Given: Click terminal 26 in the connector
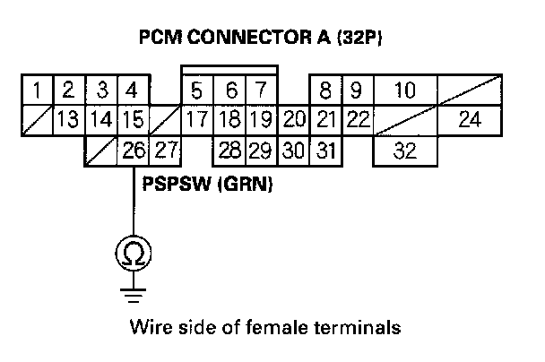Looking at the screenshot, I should pos(133,150).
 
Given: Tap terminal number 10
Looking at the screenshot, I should pos(404,90).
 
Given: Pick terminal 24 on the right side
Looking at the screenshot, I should pos(469,120).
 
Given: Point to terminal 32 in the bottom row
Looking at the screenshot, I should pos(405,151).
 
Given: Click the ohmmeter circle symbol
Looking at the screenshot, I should pos(132,254).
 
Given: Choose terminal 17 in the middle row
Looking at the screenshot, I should pos(196,120).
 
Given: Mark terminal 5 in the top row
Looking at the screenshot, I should pos(196,90).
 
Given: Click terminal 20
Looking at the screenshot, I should pos(293,120).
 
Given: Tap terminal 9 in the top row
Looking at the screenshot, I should pos(356,90).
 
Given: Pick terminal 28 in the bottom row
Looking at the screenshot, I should pos(229,151).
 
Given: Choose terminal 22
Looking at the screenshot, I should pos(357,120).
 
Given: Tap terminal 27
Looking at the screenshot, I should pos(164,150).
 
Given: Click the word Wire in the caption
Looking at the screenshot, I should pos(149,326).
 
